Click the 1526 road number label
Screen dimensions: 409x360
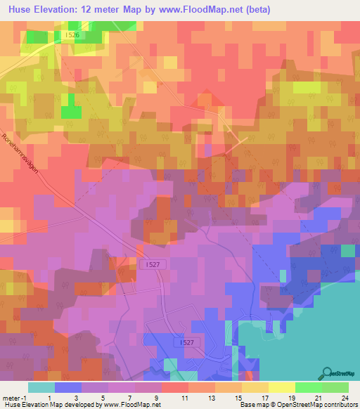(72, 34)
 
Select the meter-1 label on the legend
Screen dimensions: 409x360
(14, 397)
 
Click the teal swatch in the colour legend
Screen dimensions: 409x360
(41, 387)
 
